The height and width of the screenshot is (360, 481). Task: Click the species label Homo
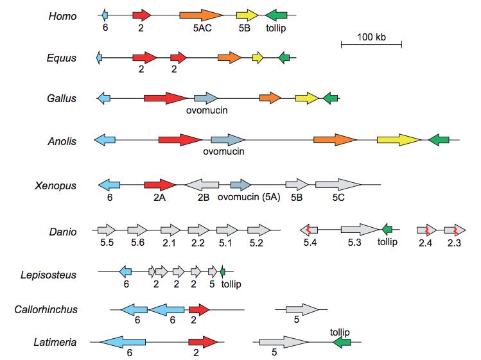(62, 15)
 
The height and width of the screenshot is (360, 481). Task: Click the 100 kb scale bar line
(371, 44)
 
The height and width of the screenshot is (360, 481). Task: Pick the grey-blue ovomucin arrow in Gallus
(206, 98)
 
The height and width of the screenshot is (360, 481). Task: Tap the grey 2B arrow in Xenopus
(202, 185)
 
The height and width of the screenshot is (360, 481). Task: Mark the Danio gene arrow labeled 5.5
(106, 230)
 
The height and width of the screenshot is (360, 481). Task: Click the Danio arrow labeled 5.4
(309, 230)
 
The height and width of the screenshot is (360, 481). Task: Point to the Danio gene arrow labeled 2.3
(455, 230)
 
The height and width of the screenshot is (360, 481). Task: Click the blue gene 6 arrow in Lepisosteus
(126, 271)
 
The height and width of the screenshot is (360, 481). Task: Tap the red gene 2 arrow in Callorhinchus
(199, 310)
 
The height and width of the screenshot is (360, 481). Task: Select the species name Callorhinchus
(46, 310)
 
